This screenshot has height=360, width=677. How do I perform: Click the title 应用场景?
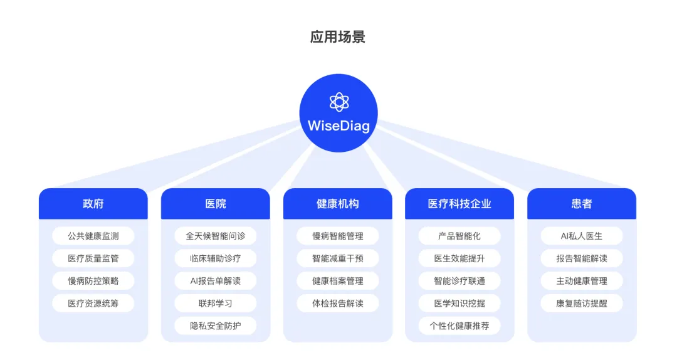(338, 36)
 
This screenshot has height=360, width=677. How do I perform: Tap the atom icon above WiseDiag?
(338, 102)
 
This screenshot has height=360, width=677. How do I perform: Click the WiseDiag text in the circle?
(338, 125)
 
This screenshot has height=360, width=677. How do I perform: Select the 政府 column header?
(93, 204)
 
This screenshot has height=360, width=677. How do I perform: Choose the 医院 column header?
(216, 204)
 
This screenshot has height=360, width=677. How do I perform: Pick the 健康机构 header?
(338, 204)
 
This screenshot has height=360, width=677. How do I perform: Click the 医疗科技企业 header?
(459, 204)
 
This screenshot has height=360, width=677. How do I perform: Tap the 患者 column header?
(582, 204)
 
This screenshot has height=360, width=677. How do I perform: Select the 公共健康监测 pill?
(93, 236)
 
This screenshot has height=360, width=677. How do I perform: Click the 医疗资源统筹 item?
(93, 304)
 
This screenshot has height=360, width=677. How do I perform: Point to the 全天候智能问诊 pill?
(216, 236)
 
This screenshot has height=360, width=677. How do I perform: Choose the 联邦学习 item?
(216, 304)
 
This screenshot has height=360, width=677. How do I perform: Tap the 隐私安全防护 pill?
(216, 326)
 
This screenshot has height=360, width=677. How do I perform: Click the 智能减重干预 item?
(338, 258)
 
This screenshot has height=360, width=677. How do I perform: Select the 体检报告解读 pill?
(338, 304)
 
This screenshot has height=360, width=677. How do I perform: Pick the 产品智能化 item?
(459, 236)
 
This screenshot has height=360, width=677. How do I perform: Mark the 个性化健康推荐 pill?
(459, 326)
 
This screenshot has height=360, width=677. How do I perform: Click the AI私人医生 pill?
(582, 236)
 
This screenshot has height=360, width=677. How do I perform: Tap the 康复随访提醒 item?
(582, 304)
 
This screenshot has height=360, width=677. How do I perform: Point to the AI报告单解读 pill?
(216, 281)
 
